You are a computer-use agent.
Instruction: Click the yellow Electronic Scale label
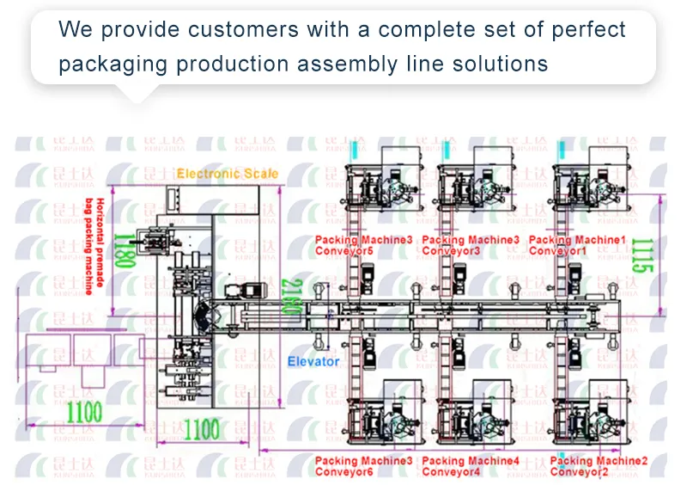pos(228,174)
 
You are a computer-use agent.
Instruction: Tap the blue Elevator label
pos(313,362)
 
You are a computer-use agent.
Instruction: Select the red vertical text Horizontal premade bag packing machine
pos(95,245)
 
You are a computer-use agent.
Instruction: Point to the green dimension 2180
pos(292,301)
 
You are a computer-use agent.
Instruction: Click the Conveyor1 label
pos(558,251)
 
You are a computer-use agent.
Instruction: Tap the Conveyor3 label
pos(452,251)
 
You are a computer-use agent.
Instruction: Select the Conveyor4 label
pos(452,472)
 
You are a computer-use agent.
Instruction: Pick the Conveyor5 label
pos(343,251)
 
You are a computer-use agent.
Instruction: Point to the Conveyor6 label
pos(343,472)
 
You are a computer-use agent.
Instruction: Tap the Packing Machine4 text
pos(471,461)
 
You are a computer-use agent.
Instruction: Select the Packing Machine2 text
pos(599,461)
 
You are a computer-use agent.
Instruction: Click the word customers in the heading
pos(240,29)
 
